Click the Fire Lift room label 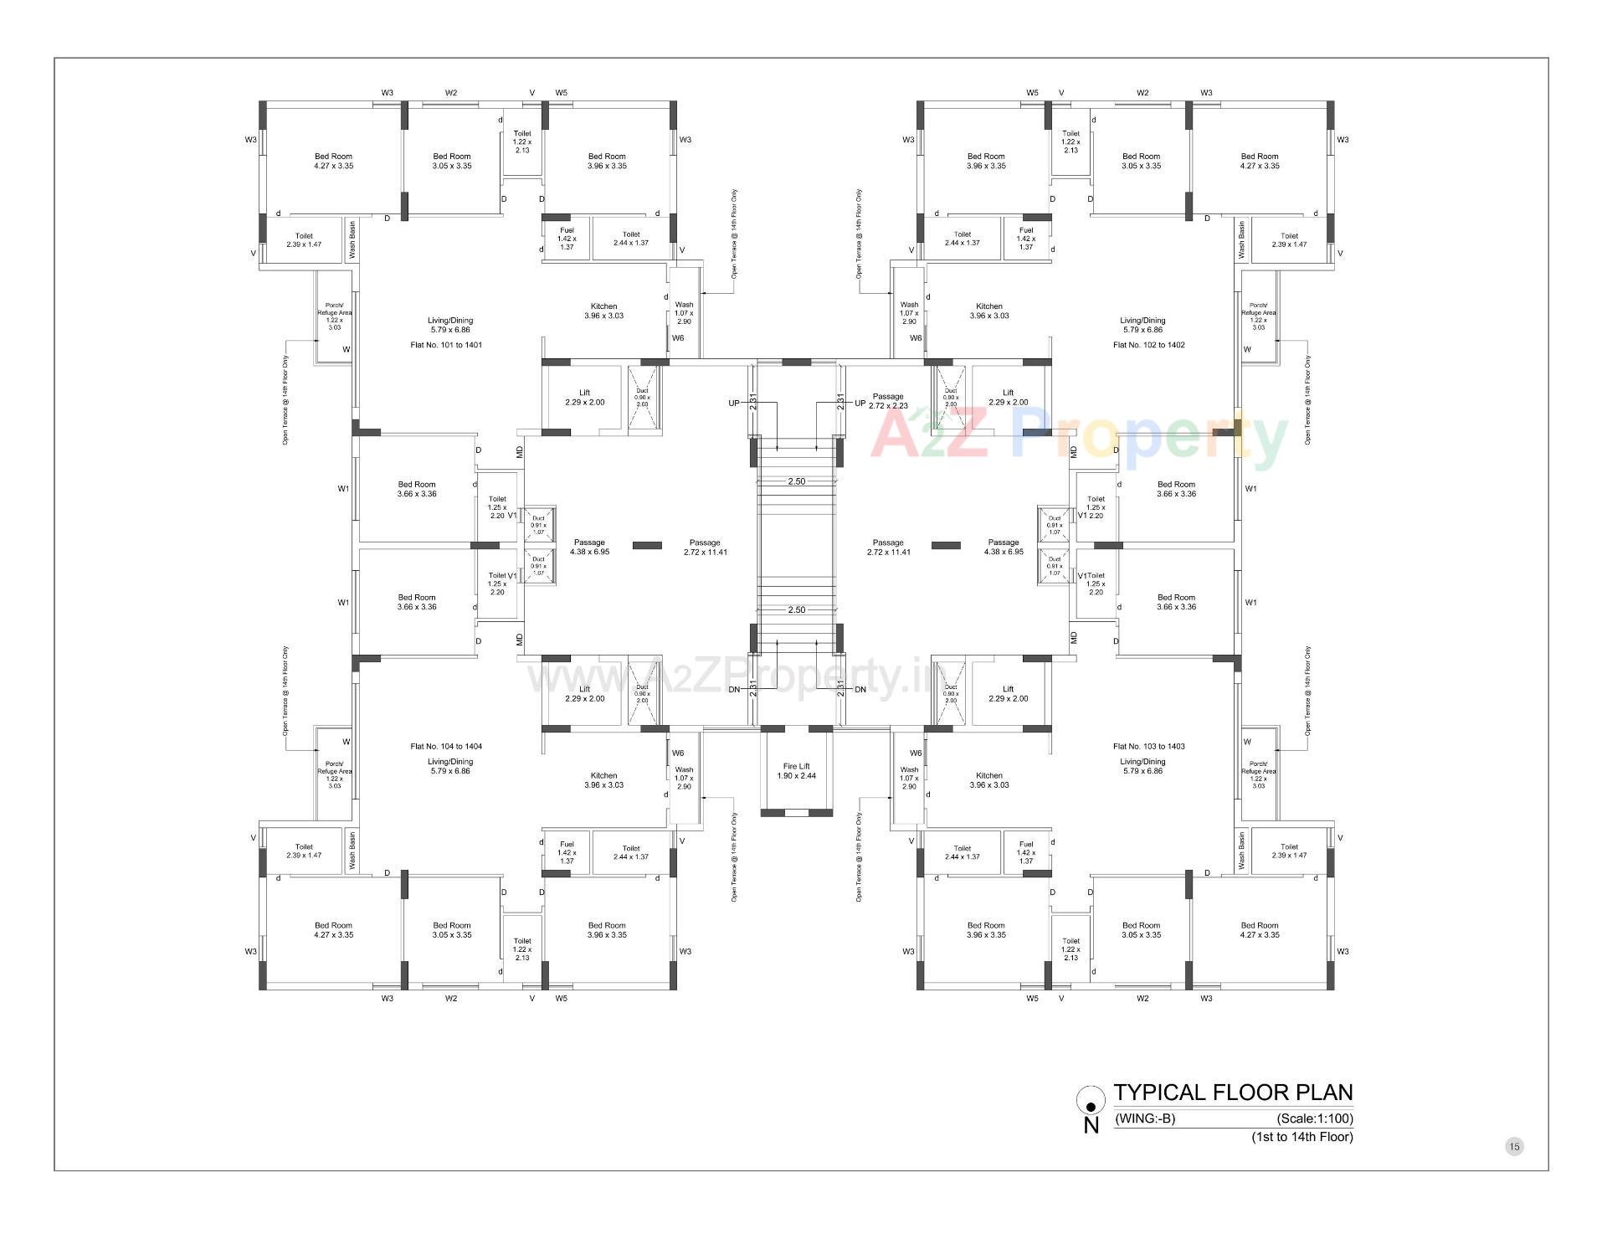coord(796,771)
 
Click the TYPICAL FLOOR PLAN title coord(1233,1093)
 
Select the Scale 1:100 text coord(1314,1118)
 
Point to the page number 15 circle coord(1514,1146)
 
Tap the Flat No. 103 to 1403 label coord(1148,746)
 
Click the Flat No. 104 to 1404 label coord(446,746)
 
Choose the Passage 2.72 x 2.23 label coord(888,401)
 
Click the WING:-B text coord(1146,1118)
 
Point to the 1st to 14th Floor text coord(1302,1137)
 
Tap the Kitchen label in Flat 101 coord(603,311)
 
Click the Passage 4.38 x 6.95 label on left coord(589,547)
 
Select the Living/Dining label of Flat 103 coord(1142,766)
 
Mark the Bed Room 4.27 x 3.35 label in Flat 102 coord(1259,161)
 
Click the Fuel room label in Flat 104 coord(567,852)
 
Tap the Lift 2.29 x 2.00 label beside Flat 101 coord(584,398)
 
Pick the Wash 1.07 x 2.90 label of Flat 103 coord(909,778)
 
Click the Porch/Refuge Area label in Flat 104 coord(334,774)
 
